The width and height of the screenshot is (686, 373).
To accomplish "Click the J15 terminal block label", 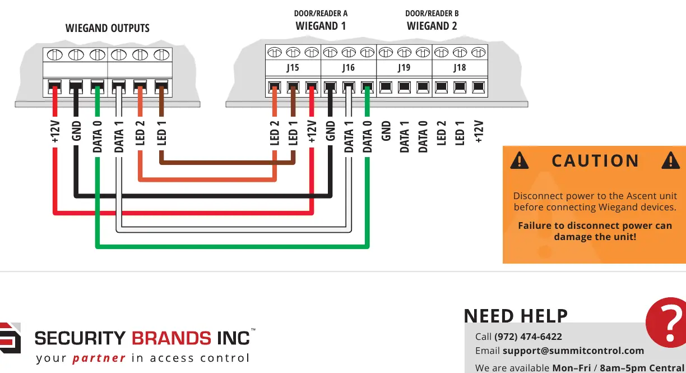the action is coord(293,67).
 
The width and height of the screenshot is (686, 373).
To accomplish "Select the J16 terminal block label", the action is coord(349,67).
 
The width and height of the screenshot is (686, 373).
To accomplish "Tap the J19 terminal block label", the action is coord(404,67).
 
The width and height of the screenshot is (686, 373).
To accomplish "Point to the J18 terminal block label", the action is coord(460,67).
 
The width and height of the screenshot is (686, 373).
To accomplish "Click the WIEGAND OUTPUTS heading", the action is coord(108,28).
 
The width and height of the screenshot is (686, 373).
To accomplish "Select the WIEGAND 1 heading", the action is coord(321,26).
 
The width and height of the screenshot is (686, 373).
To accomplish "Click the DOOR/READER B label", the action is coord(432,13).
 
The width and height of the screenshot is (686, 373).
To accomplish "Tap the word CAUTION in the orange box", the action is coord(595,160).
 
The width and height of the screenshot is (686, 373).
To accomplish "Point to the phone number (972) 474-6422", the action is coord(528,337).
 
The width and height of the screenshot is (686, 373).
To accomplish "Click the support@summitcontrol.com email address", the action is coord(573,351).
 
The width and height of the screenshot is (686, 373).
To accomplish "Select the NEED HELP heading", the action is coord(516,316).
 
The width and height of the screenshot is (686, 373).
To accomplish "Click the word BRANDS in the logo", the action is coord(171,338).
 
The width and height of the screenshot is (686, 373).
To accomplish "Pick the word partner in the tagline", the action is coord(99,358).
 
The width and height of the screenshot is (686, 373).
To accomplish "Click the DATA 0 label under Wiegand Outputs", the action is coord(97,137).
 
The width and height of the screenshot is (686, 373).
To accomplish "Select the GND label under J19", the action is coord(386,131).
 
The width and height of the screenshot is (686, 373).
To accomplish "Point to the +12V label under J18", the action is coord(479,131).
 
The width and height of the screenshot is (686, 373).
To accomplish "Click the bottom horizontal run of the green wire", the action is coord(233,246).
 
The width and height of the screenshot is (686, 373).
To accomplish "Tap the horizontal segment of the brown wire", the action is coord(227,163).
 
